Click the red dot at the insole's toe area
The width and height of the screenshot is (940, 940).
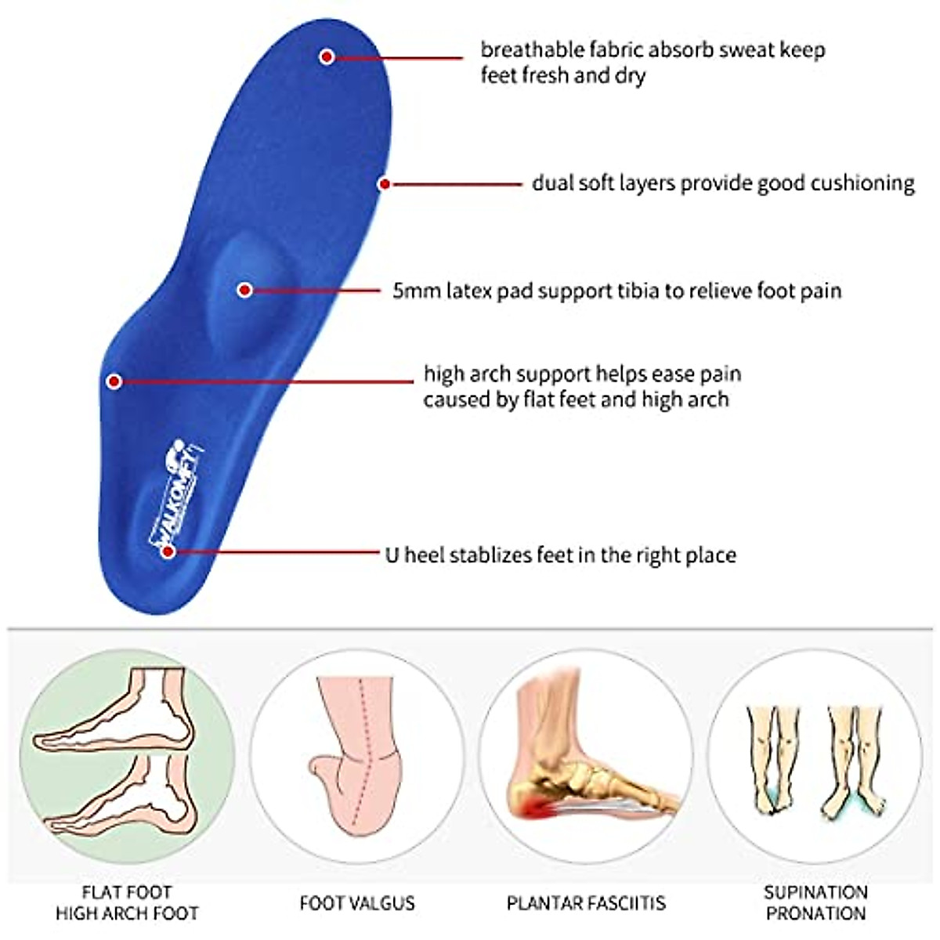(327, 56)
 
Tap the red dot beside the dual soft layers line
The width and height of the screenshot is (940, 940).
(385, 184)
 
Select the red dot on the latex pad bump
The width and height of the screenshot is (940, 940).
(244, 290)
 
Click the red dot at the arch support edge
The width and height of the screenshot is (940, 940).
(114, 381)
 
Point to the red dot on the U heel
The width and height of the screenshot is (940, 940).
(168, 551)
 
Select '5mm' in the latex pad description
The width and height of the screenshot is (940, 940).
(416, 291)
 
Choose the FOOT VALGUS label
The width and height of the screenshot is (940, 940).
(357, 903)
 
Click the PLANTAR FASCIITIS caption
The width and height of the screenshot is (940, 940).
(586, 903)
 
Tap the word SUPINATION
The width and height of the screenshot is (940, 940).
(815, 892)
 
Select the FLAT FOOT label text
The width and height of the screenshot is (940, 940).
(127, 892)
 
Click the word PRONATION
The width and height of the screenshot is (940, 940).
(815, 913)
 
